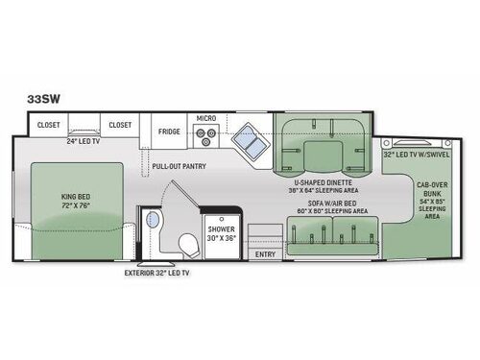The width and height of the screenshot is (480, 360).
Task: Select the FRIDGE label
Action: [x=169, y=132]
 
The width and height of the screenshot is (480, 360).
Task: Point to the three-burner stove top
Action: [x=204, y=138]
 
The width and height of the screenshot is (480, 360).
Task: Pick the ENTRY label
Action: [x=265, y=252]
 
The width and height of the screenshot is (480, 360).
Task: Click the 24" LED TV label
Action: [x=86, y=142]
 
